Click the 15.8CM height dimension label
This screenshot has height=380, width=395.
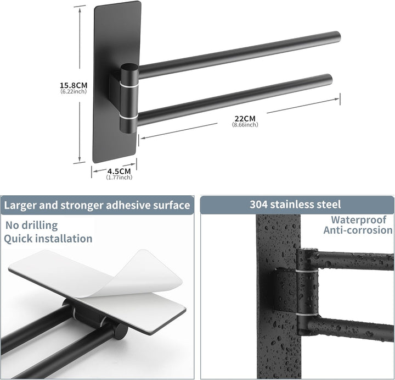click(x=74, y=85)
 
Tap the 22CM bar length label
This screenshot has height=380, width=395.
click(x=245, y=118)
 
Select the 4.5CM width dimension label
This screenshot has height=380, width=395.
click(x=119, y=172)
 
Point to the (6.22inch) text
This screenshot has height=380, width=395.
click(x=74, y=91)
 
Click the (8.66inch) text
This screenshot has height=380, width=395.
click(x=245, y=124)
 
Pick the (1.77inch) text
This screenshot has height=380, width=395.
click(x=119, y=177)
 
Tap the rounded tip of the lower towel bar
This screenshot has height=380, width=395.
click(x=330, y=78)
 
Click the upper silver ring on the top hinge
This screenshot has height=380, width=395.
click(x=129, y=84)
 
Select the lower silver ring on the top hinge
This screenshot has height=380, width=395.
click(x=129, y=117)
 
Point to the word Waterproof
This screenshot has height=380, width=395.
click(x=358, y=219)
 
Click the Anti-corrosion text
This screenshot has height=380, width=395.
click(x=358, y=230)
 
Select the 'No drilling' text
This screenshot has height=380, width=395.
click(x=31, y=225)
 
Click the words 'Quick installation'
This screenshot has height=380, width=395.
click(x=48, y=239)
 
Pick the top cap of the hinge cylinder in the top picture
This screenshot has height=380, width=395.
click(x=129, y=68)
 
